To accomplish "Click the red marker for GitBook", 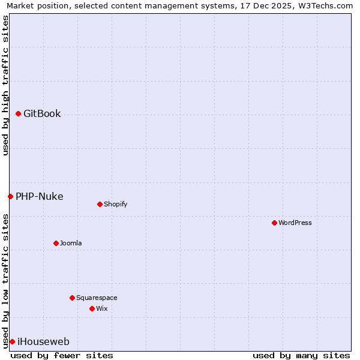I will coord(18,114).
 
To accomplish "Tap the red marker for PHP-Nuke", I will coord(10,196).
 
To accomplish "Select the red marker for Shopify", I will coord(100,204).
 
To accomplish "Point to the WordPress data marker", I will coord(274,223).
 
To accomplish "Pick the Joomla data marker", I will coord(56,243).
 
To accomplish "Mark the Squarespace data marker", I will coord(72,298).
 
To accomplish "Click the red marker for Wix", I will coord(92,308).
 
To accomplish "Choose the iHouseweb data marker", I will coord(12,341).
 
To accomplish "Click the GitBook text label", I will coord(42,114).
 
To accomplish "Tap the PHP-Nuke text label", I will coord(39,196).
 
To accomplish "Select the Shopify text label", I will coord(115,204).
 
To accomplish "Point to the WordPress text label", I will coord(295,223).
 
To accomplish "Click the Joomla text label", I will coord(71,243).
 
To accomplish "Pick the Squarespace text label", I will coord(97,298).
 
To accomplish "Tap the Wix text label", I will coord(101,308).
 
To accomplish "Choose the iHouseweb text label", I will coord(43,342).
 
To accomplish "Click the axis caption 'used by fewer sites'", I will coord(62,355).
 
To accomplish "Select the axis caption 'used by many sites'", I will coord(301,355).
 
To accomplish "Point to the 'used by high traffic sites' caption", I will coord(5,85).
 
